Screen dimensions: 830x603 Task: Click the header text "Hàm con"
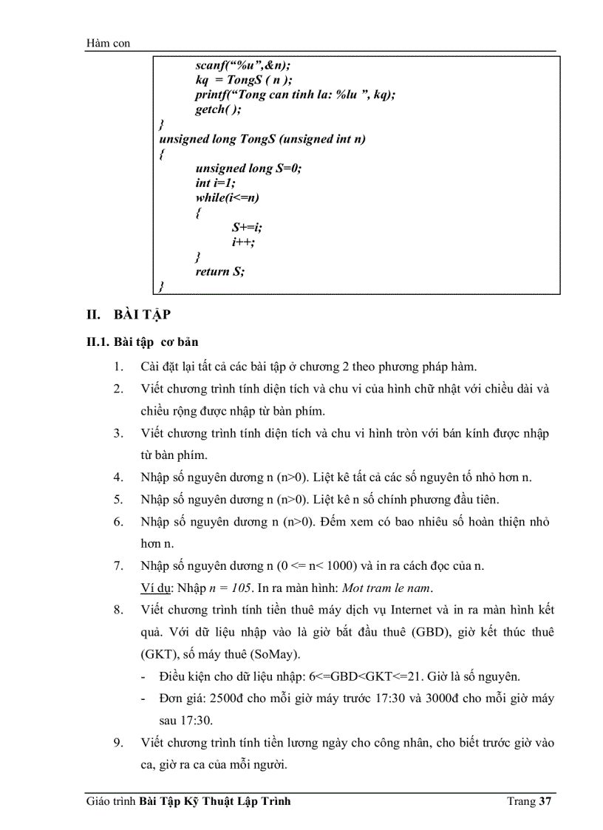point(108,44)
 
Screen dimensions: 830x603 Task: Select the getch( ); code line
point(218,109)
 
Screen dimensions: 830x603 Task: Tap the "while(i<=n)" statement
point(227,197)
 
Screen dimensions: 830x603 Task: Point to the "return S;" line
point(219,271)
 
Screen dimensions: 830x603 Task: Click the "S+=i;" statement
point(247,227)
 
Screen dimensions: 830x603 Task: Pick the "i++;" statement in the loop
point(243,242)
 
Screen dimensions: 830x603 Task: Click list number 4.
point(119,477)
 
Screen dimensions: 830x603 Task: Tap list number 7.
point(119,566)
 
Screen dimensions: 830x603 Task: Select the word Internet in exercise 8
point(415,610)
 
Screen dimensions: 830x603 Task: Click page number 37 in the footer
point(545,802)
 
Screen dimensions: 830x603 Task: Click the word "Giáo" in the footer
point(97,802)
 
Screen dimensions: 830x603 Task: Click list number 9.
point(119,743)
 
